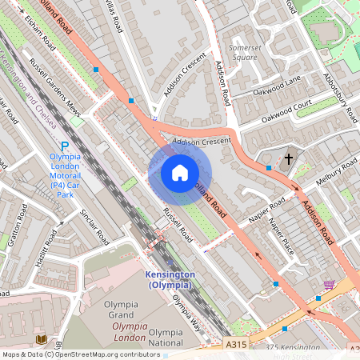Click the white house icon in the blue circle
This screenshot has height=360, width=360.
pyautogui.click(x=179, y=173)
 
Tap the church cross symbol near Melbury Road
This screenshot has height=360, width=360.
pyautogui.click(x=289, y=158)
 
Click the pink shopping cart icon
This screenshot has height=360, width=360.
pyautogui.click(x=329, y=284)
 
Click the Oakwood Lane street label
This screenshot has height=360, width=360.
pyautogui.click(x=276, y=100)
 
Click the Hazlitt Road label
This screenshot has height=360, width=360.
pyautogui.click(x=46, y=247)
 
